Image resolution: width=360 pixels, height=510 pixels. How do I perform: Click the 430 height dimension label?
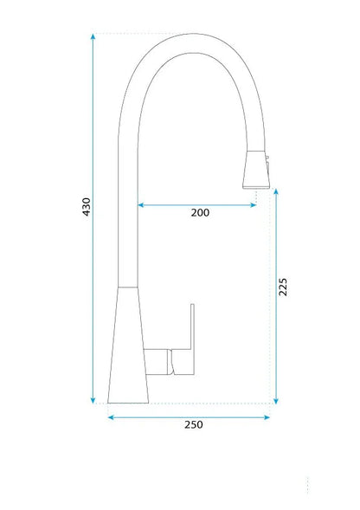click(x=87, y=207)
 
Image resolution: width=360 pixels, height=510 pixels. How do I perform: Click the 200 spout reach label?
click(x=200, y=213)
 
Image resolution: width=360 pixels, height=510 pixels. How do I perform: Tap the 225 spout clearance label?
click(x=283, y=287)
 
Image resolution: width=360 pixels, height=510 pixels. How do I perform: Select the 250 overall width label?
click(x=194, y=425)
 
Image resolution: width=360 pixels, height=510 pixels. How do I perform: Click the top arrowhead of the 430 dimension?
click(x=93, y=36)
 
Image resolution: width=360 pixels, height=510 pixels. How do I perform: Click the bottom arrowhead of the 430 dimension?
click(x=93, y=401)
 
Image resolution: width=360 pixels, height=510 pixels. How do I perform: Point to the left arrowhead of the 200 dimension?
click(x=141, y=205)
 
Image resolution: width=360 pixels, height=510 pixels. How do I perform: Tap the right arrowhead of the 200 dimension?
click(x=254, y=205)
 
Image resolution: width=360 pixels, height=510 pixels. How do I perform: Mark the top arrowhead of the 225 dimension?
click(x=276, y=191)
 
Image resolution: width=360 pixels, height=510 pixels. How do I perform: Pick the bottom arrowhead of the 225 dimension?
click(x=276, y=401)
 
